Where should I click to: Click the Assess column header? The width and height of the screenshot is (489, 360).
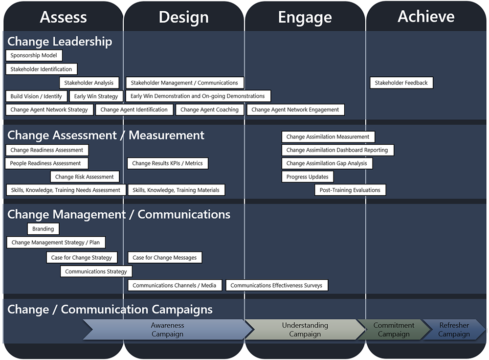(x=63, y=17)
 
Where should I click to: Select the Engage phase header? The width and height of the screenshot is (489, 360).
(x=305, y=18)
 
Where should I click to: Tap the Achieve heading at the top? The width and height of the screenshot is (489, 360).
(x=426, y=17)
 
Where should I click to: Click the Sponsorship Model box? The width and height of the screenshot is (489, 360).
(x=34, y=56)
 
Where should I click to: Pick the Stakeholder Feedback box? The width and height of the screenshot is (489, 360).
(x=401, y=83)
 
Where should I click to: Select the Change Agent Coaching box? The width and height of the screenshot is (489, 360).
(x=209, y=110)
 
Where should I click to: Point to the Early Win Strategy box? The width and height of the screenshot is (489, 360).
(x=96, y=96)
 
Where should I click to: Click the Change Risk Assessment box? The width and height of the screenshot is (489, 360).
(x=84, y=177)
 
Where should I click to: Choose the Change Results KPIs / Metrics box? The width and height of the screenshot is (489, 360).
(x=167, y=163)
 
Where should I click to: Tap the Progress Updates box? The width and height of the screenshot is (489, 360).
(x=308, y=177)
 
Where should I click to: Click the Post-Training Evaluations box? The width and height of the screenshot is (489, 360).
(x=350, y=190)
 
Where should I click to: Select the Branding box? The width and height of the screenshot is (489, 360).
(x=43, y=229)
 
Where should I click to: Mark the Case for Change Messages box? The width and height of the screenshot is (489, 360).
(x=165, y=258)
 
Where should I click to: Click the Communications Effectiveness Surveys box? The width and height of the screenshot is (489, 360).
(x=276, y=286)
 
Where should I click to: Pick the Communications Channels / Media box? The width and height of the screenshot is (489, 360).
(x=175, y=286)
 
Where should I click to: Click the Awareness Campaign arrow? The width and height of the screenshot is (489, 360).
(x=167, y=330)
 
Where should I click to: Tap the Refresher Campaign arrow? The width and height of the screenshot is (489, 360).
(x=454, y=330)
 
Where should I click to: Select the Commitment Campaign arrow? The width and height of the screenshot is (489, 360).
(x=393, y=330)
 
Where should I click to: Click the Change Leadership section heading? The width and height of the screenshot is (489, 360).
(x=60, y=42)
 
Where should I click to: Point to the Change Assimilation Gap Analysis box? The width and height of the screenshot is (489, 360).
(x=327, y=163)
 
